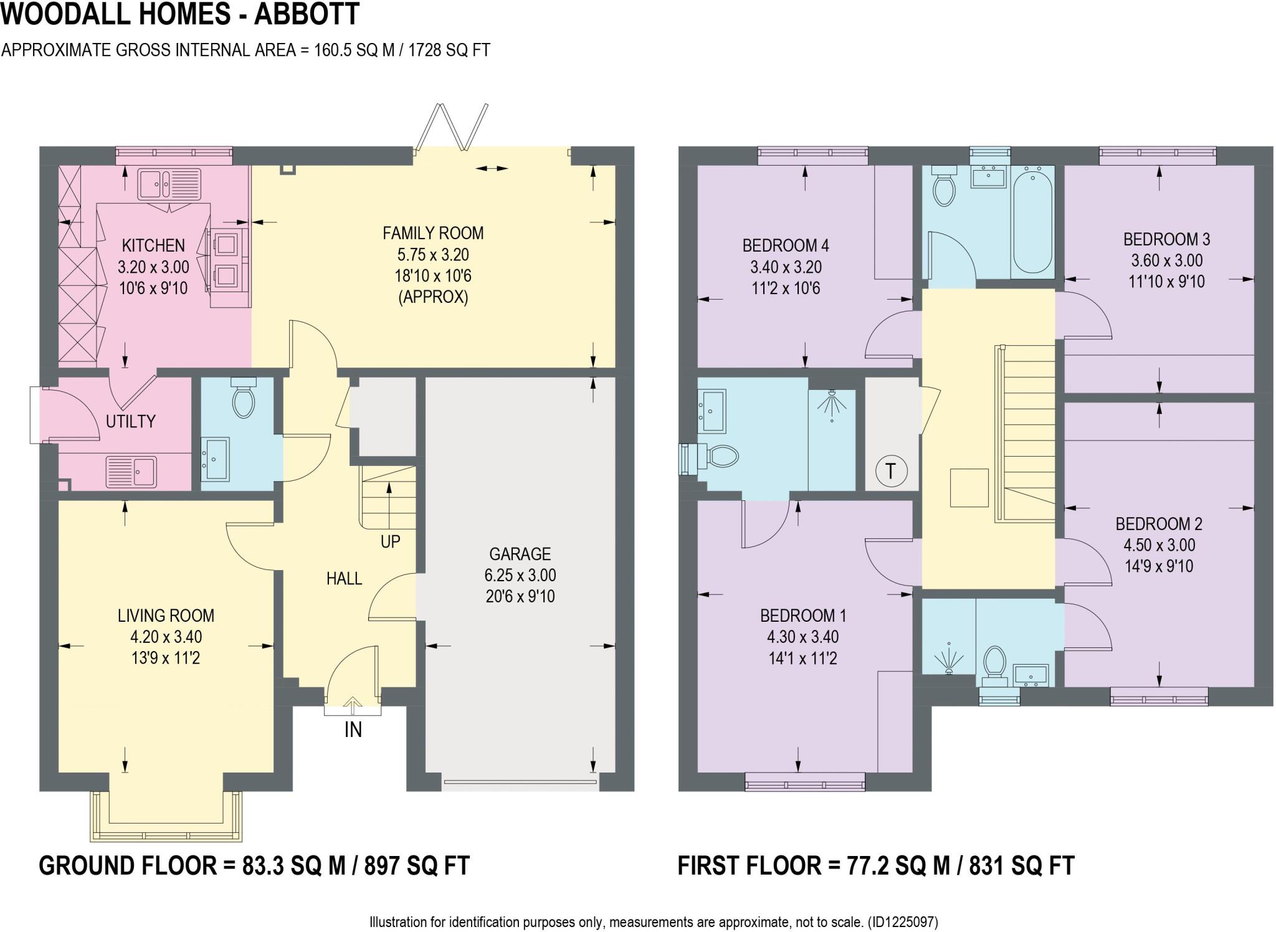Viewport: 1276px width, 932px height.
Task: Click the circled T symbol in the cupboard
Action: click(x=890, y=471)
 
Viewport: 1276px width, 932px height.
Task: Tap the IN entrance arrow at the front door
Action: click(x=353, y=707)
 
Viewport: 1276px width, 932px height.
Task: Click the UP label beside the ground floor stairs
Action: click(x=390, y=541)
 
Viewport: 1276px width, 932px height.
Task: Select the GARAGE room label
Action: click(x=520, y=554)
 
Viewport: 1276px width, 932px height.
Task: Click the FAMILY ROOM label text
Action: click(x=433, y=233)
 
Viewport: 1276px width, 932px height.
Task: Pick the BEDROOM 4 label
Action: click(x=785, y=245)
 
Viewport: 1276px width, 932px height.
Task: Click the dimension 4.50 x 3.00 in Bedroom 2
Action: click(x=1159, y=545)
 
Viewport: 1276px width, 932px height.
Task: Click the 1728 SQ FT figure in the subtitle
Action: click(x=449, y=50)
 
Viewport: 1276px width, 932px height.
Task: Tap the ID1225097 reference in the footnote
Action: click(x=902, y=921)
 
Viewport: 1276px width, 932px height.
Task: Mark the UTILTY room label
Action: click(x=130, y=421)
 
